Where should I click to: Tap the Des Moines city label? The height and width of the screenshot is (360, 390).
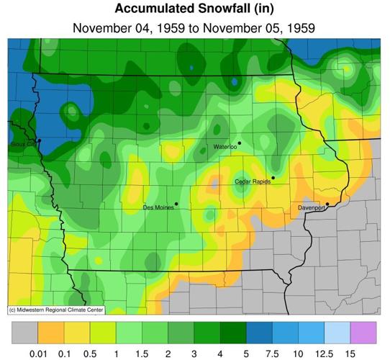158,208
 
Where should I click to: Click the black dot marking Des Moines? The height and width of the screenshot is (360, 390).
176,204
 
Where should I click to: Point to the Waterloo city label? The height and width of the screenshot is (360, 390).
225,147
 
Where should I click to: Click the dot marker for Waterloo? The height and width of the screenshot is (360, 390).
240,143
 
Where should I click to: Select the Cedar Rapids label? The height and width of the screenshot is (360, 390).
253,182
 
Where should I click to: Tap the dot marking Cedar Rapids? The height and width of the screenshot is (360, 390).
273,178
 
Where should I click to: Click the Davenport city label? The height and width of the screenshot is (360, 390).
312,208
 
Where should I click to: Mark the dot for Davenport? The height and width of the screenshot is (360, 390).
327,204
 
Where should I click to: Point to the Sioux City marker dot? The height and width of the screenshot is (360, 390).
40,140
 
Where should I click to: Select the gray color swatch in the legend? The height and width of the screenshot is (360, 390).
25,333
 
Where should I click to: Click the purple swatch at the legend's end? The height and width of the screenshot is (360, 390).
363,333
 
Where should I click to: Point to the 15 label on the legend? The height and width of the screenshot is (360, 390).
350,353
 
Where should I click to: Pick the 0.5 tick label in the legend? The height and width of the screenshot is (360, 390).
90,353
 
